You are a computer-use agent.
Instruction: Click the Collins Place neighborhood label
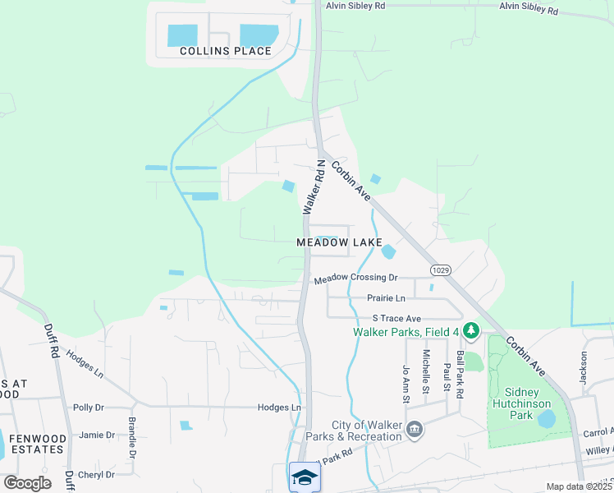(225, 51)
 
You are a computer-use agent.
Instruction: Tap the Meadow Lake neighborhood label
(339, 243)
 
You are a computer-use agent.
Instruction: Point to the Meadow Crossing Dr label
(355, 279)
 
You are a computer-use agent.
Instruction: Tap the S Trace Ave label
(396, 318)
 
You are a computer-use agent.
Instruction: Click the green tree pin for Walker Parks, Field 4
(470, 331)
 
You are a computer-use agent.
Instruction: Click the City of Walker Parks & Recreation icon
(415, 429)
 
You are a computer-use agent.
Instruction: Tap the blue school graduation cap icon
(304, 477)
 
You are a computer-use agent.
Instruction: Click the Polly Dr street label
(89, 408)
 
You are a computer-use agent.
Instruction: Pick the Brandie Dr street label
(131, 437)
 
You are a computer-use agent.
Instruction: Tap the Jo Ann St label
(406, 384)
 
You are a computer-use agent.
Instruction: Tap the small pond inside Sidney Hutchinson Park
(545, 419)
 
